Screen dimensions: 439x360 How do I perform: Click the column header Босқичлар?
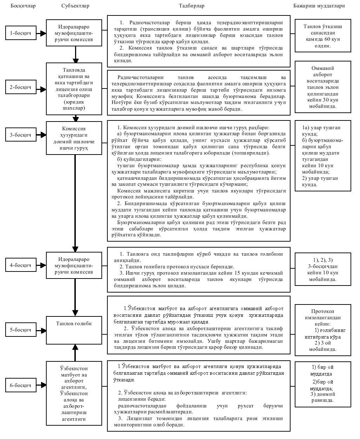[x=23, y=6]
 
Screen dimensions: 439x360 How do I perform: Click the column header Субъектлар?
[x=75, y=6]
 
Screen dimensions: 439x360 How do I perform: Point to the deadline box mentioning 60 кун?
[x=323, y=36]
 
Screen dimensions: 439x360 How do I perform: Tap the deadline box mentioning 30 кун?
[x=323, y=87]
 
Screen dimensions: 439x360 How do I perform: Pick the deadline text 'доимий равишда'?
[x=323, y=397]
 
